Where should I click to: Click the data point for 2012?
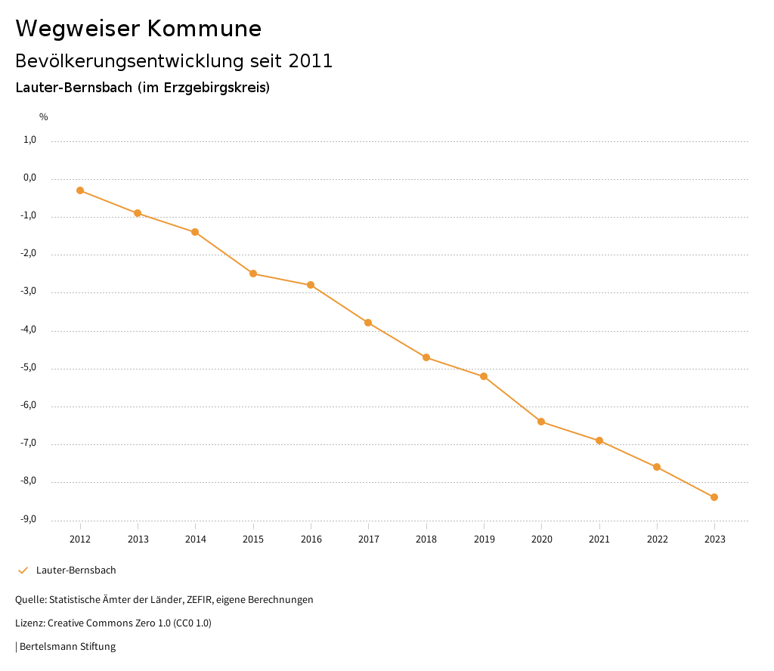pos(80,190)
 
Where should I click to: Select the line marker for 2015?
pos(253,274)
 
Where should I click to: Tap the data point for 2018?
pos(426,357)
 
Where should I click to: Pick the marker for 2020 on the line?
pos(541,422)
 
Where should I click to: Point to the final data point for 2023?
pos(714,497)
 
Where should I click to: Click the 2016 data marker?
pos(311,285)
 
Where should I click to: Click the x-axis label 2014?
pos(196,540)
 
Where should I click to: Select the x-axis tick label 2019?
pos(484,540)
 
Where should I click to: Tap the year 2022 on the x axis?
pos(657,540)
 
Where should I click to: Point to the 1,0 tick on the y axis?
pos(30,140)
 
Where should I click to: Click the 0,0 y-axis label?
pos(30,178)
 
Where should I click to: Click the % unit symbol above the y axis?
pos(44,117)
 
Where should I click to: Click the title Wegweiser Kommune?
pos(138,29)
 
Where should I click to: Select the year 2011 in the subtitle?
pos(311,61)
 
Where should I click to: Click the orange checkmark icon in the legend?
pos(23,571)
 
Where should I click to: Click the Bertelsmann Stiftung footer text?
pos(67,647)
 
